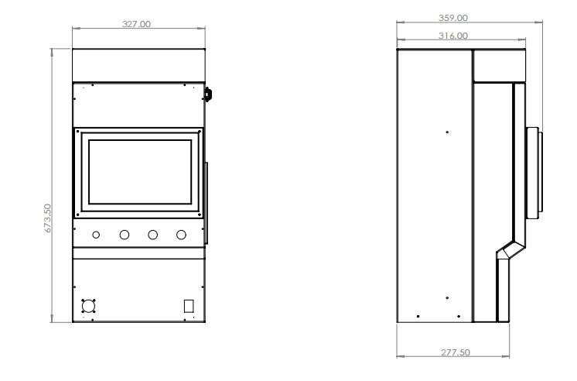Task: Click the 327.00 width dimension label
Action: click(136, 24)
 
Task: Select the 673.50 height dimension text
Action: click(48, 218)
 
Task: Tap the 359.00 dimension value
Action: click(453, 18)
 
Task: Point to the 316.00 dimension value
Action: click(453, 36)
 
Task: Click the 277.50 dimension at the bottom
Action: click(456, 352)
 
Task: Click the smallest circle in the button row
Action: click(96, 235)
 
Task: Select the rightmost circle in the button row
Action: click(181, 235)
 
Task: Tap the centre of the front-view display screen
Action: click(140, 172)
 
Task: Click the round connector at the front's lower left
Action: click(88, 306)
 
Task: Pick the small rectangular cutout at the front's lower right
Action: click(189, 306)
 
